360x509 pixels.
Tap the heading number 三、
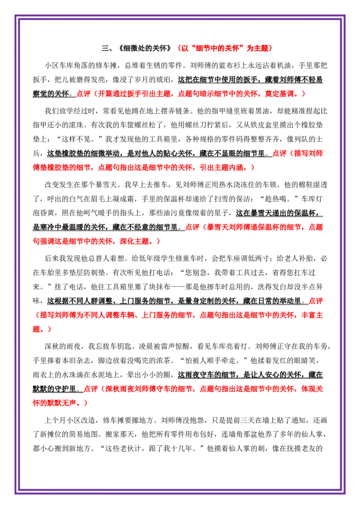[107, 49]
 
